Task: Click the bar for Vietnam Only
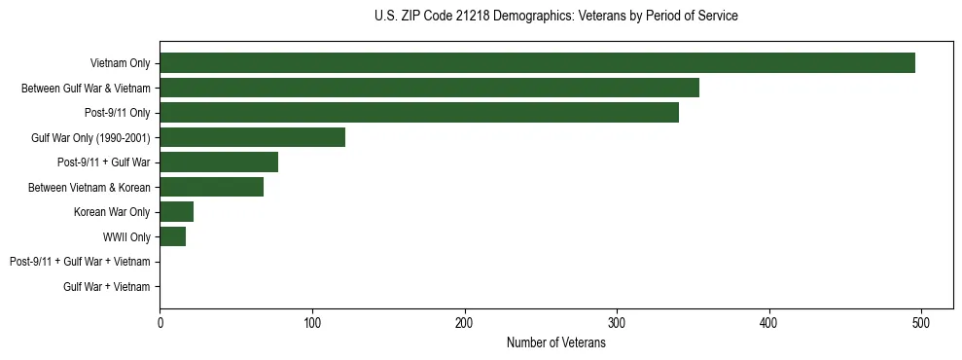pyautogui.click(x=537, y=63)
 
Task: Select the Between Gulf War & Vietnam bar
pyautogui.click(x=429, y=88)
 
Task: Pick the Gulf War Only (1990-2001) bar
pyautogui.click(x=252, y=137)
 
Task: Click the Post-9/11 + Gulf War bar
pyautogui.click(x=219, y=162)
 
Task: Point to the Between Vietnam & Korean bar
pyautogui.click(x=211, y=187)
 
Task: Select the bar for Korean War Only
pyautogui.click(x=176, y=212)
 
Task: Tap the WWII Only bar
pyautogui.click(x=172, y=236)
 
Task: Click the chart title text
pyautogui.click(x=555, y=17)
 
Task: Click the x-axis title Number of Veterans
pyautogui.click(x=555, y=343)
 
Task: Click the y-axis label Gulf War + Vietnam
pyautogui.click(x=107, y=287)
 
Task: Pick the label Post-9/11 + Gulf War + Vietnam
pyautogui.click(x=80, y=262)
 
